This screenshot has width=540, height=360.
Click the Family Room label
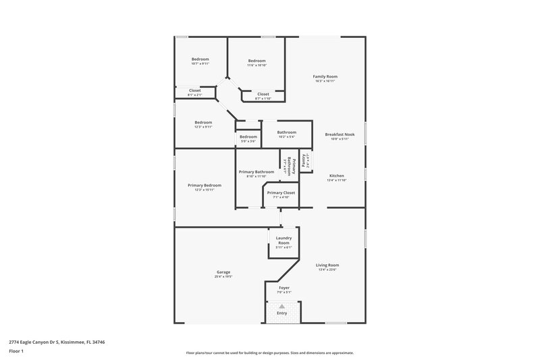[325, 76]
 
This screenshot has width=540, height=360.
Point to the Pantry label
[305, 160]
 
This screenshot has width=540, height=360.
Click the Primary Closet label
[280, 192]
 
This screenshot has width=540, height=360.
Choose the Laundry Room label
[283, 240]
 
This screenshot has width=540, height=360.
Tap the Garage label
[223, 272]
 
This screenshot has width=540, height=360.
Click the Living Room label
[327, 265]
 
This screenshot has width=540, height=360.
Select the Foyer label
[284, 287]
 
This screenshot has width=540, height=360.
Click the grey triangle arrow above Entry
[282, 306]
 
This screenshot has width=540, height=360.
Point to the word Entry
[282, 313]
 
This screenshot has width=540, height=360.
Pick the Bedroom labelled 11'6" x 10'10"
[256, 61]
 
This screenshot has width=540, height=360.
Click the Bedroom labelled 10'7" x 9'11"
[200, 59]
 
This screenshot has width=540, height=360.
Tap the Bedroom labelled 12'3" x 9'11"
[203, 122]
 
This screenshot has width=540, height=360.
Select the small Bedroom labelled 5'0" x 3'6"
[248, 137]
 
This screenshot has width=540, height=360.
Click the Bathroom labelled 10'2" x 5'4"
[286, 132]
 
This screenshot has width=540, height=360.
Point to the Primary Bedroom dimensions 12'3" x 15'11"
[204, 190]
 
